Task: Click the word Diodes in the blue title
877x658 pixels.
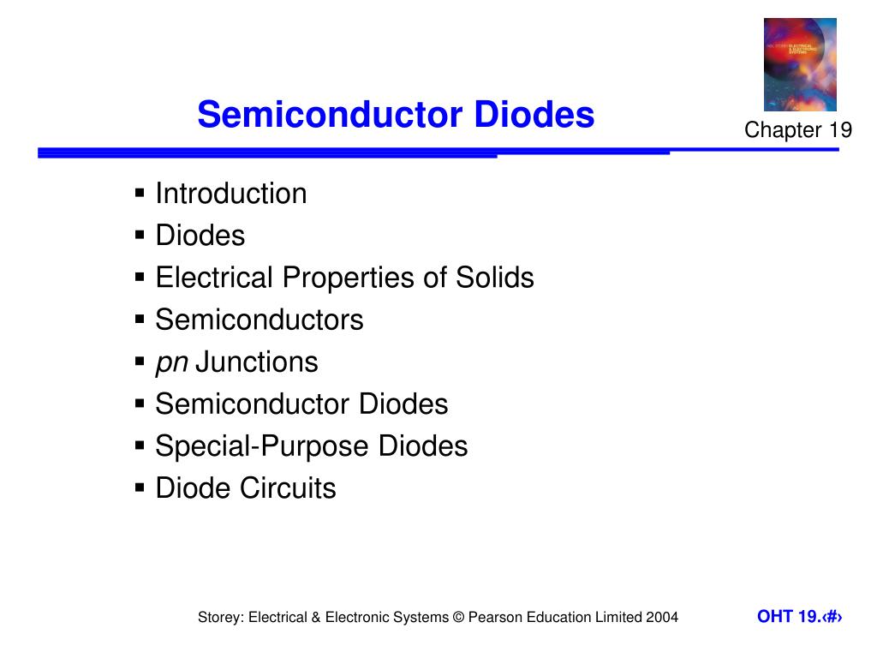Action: point(534,115)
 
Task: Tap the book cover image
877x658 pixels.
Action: point(800,65)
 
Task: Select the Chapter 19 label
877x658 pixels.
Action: point(798,130)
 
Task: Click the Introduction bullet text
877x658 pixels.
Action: point(231,194)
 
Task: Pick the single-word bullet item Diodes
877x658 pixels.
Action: point(200,236)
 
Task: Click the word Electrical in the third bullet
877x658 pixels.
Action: point(215,278)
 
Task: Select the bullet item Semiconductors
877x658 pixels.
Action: point(260,320)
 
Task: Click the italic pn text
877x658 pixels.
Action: point(171,362)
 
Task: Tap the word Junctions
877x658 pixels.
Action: point(257,362)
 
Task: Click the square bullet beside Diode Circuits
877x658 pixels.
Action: point(140,488)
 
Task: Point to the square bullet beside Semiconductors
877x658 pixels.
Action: point(140,320)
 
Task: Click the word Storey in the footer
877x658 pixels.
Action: point(219,617)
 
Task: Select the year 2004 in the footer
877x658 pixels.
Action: point(663,617)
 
